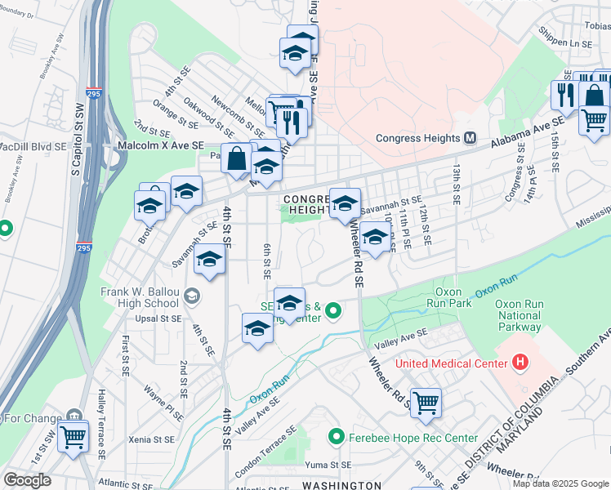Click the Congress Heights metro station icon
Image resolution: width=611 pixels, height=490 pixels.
[x=471, y=138]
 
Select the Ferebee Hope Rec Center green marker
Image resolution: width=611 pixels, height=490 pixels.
[x=333, y=438]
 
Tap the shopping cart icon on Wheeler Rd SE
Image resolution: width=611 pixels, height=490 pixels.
[x=426, y=402]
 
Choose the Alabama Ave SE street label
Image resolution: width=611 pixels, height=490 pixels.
[x=527, y=132]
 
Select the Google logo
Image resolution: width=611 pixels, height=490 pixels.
[x=27, y=480]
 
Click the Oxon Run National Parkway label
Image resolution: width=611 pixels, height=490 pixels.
[x=519, y=315]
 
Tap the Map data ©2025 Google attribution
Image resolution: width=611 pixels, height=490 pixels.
[x=561, y=483]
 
